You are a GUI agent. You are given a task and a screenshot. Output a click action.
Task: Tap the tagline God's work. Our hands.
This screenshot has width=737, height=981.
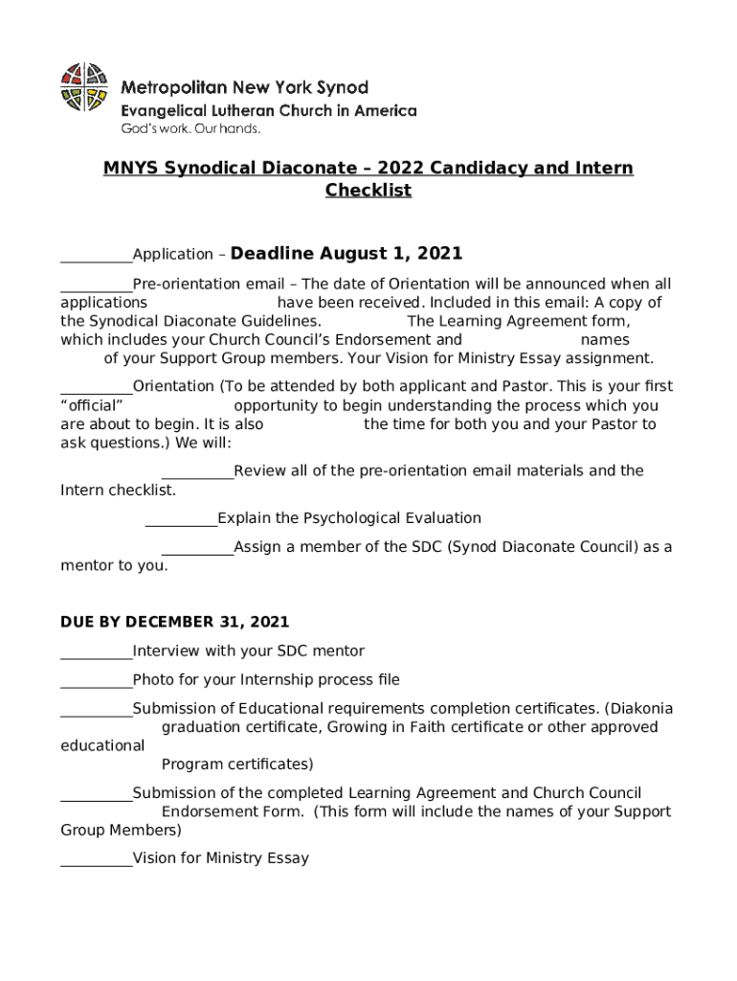(x=190, y=128)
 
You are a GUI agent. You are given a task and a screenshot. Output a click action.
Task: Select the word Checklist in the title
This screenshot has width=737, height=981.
(x=368, y=190)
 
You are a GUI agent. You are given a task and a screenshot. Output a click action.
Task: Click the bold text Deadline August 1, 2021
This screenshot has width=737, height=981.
(x=346, y=254)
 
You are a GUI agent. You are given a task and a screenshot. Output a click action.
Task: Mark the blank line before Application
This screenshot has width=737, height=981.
(x=96, y=259)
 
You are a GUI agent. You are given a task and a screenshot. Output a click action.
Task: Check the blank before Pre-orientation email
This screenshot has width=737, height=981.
(x=96, y=288)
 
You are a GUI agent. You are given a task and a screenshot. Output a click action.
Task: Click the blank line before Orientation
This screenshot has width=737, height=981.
(x=96, y=391)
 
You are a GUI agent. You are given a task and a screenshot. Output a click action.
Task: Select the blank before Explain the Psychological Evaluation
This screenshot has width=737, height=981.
(x=181, y=523)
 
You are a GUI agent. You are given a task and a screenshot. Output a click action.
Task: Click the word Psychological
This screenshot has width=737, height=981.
(x=356, y=518)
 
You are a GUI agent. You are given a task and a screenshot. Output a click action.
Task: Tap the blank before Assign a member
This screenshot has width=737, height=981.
(x=197, y=552)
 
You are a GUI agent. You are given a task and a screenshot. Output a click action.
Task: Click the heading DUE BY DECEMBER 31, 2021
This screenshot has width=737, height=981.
(x=174, y=622)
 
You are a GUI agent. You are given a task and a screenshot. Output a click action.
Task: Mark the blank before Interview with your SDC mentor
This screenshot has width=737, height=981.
(x=96, y=656)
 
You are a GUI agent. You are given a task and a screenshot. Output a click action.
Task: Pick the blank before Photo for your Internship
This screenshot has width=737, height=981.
(x=96, y=685)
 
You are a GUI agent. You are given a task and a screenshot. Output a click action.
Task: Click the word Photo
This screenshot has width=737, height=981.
(x=153, y=680)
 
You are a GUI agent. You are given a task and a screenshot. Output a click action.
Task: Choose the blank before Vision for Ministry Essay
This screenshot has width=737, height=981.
(x=96, y=863)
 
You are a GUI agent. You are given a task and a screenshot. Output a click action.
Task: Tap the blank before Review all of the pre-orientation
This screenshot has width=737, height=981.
(x=197, y=476)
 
